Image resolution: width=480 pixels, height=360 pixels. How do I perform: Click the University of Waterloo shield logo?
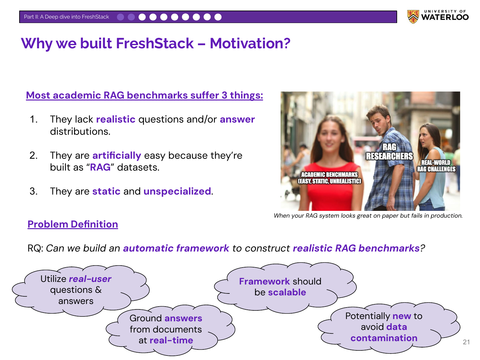pos(413,17)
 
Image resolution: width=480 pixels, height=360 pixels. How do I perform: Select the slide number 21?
pos(466,342)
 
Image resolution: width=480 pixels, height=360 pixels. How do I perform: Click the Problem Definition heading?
pos(73,224)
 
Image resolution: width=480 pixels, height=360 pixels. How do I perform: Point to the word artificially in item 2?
pos(117,156)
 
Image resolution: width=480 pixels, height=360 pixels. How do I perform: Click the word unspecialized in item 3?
pos(177,191)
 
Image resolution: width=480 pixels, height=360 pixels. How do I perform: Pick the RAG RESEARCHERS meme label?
pos(389,152)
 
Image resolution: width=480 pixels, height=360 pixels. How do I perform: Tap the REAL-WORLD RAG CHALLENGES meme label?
pos(436,166)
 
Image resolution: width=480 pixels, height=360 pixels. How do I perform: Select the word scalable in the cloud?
pos(287,292)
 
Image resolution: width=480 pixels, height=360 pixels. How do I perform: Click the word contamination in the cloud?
pos(384,338)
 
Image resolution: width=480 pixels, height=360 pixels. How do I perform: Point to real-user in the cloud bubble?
pos(90,279)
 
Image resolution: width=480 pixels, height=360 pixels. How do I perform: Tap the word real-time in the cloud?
pos(171,340)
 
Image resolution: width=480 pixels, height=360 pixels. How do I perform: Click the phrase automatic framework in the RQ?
pos(176,248)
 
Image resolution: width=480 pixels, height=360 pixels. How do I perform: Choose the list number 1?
pos(34,119)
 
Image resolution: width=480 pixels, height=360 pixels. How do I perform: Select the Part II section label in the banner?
pos(66,17)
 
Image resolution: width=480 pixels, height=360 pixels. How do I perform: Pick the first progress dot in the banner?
pos(121,17)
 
